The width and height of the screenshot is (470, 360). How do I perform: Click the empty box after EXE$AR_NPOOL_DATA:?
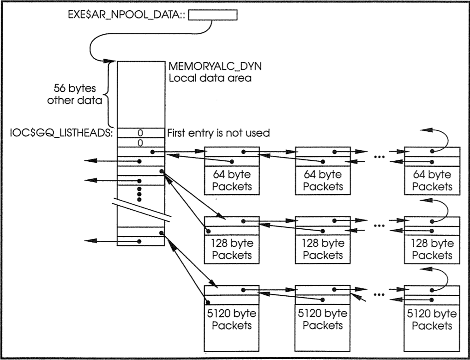point(213,15)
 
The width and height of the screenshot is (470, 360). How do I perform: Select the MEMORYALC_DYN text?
point(215,67)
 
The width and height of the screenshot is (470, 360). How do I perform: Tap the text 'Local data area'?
point(210,78)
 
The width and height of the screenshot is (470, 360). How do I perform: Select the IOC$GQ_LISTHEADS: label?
point(61,133)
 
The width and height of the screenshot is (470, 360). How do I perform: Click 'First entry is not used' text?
point(218,133)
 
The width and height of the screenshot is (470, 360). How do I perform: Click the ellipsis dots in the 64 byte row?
point(379,157)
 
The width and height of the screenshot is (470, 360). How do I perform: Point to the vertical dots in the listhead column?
point(139,194)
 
